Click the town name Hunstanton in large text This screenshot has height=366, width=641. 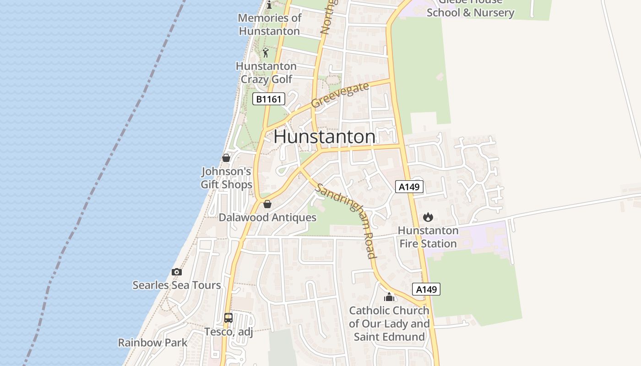click(325, 137)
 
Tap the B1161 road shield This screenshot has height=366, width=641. click(269, 99)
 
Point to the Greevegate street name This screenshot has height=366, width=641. click(340, 95)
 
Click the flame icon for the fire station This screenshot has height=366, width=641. click(428, 217)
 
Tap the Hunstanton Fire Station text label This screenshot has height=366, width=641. click(428, 237)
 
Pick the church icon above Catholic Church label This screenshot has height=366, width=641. click(389, 297)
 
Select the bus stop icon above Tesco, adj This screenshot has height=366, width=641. click(228, 318)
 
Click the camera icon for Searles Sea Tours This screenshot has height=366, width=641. click(177, 272)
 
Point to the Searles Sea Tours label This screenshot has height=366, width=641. click(177, 285)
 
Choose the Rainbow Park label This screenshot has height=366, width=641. click(153, 342)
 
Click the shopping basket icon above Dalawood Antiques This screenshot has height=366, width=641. click(267, 204)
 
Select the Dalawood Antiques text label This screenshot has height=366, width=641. click(267, 217)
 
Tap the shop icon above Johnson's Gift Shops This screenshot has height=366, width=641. click(226, 158)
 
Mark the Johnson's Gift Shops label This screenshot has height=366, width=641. click(227, 178)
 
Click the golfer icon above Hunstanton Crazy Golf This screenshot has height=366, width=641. click(266, 53)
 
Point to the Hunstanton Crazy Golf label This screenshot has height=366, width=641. click(266, 73)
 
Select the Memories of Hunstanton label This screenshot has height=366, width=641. click(270, 24)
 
